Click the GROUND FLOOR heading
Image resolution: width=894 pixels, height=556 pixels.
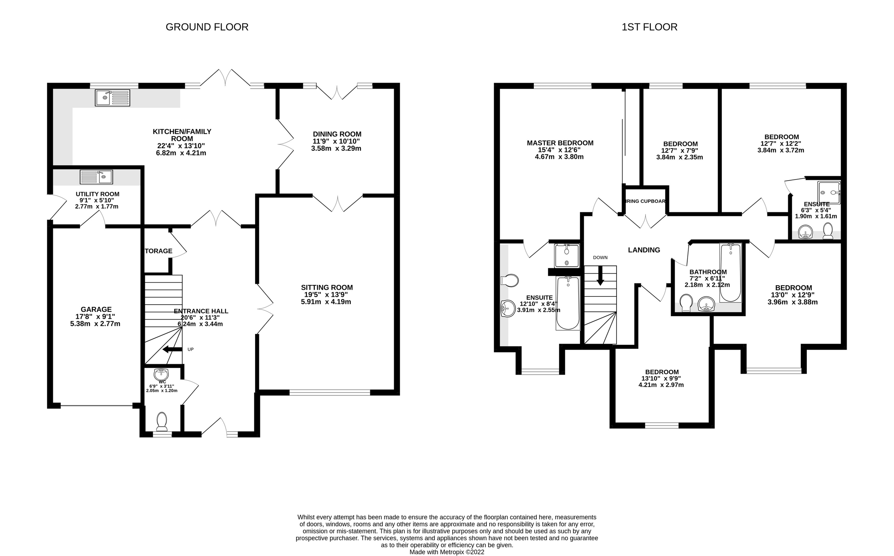click(x=207, y=27)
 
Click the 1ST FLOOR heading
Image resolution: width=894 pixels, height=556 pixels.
click(x=649, y=27)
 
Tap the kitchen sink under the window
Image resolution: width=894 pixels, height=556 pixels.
click(x=112, y=98)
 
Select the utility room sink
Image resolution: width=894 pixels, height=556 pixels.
click(x=96, y=177)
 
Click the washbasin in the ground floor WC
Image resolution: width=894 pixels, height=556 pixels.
click(x=161, y=373)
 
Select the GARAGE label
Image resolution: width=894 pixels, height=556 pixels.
click(x=96, y=309)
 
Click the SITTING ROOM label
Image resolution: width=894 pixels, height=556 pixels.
click(x=327, y=287)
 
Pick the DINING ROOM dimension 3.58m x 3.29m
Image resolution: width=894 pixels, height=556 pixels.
click(x=336, y=149)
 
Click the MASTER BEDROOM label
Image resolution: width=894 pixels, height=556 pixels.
click(x=560, y=143)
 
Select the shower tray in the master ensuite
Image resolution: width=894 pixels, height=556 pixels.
click(x=567, y=255)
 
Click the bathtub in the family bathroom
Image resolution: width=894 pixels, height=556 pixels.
click(x=730, y=272)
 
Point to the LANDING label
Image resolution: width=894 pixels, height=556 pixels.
click(x=644, y=250)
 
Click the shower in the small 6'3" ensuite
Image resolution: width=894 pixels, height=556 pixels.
click(x=829, y=193)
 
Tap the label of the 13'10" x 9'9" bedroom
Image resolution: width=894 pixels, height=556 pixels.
click(x=662, y=372)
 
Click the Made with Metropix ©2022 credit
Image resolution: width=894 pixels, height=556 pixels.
click(x=447, y=552)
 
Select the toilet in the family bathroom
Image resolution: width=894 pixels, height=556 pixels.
click(x=686, y=303)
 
